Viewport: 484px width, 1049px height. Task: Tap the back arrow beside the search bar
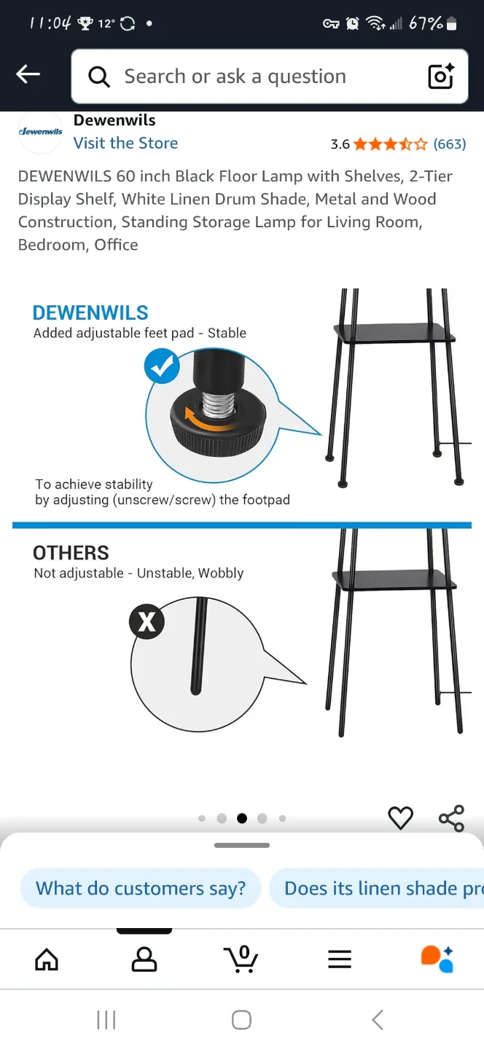28,74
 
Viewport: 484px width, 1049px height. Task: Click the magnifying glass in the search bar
99,76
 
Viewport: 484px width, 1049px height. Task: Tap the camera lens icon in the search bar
441,76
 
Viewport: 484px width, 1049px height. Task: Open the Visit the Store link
125,143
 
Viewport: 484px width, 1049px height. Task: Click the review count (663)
450,144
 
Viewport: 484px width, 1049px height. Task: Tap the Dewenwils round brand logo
40,132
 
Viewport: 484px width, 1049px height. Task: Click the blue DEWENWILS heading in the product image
90,313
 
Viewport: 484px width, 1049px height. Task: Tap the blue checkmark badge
162,366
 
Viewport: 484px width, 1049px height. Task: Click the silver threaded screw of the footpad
219,405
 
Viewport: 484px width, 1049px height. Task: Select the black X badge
147,622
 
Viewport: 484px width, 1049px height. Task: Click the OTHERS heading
71,553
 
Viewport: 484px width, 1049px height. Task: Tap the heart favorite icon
401,818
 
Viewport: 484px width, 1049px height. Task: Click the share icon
452,818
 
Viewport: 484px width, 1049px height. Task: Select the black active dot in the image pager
242,818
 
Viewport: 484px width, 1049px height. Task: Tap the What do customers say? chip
141,888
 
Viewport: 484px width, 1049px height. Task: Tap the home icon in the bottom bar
47,959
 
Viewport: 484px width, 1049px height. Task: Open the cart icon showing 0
241,958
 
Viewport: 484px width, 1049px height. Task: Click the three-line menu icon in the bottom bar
340,959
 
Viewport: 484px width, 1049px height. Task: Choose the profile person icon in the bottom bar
144,959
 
